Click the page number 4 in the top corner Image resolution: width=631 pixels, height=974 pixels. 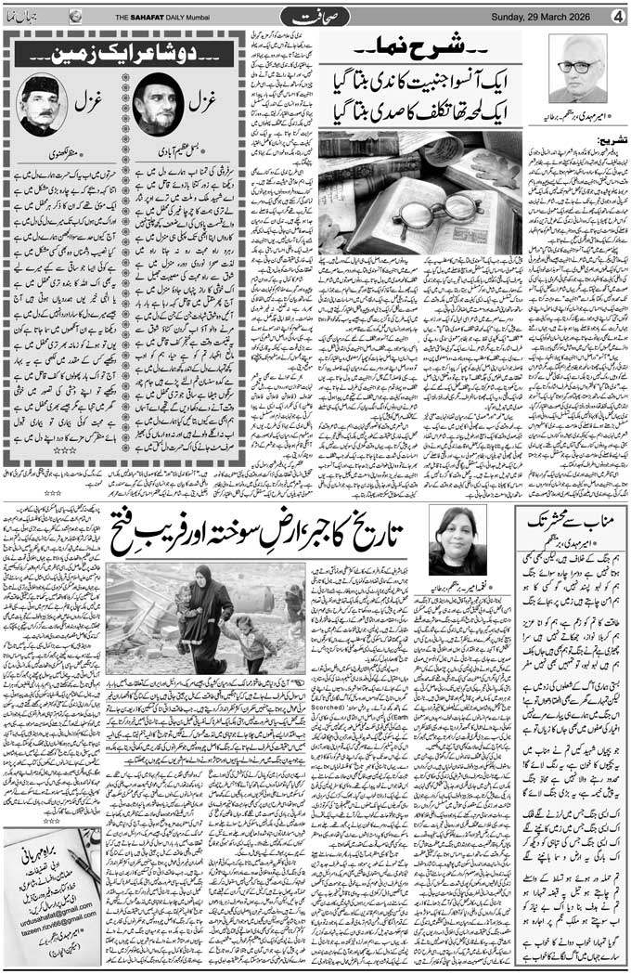coord(616,15)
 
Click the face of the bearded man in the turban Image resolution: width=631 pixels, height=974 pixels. coord(155,104)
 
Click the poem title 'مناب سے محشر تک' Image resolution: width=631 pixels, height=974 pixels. coord(568,522)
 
